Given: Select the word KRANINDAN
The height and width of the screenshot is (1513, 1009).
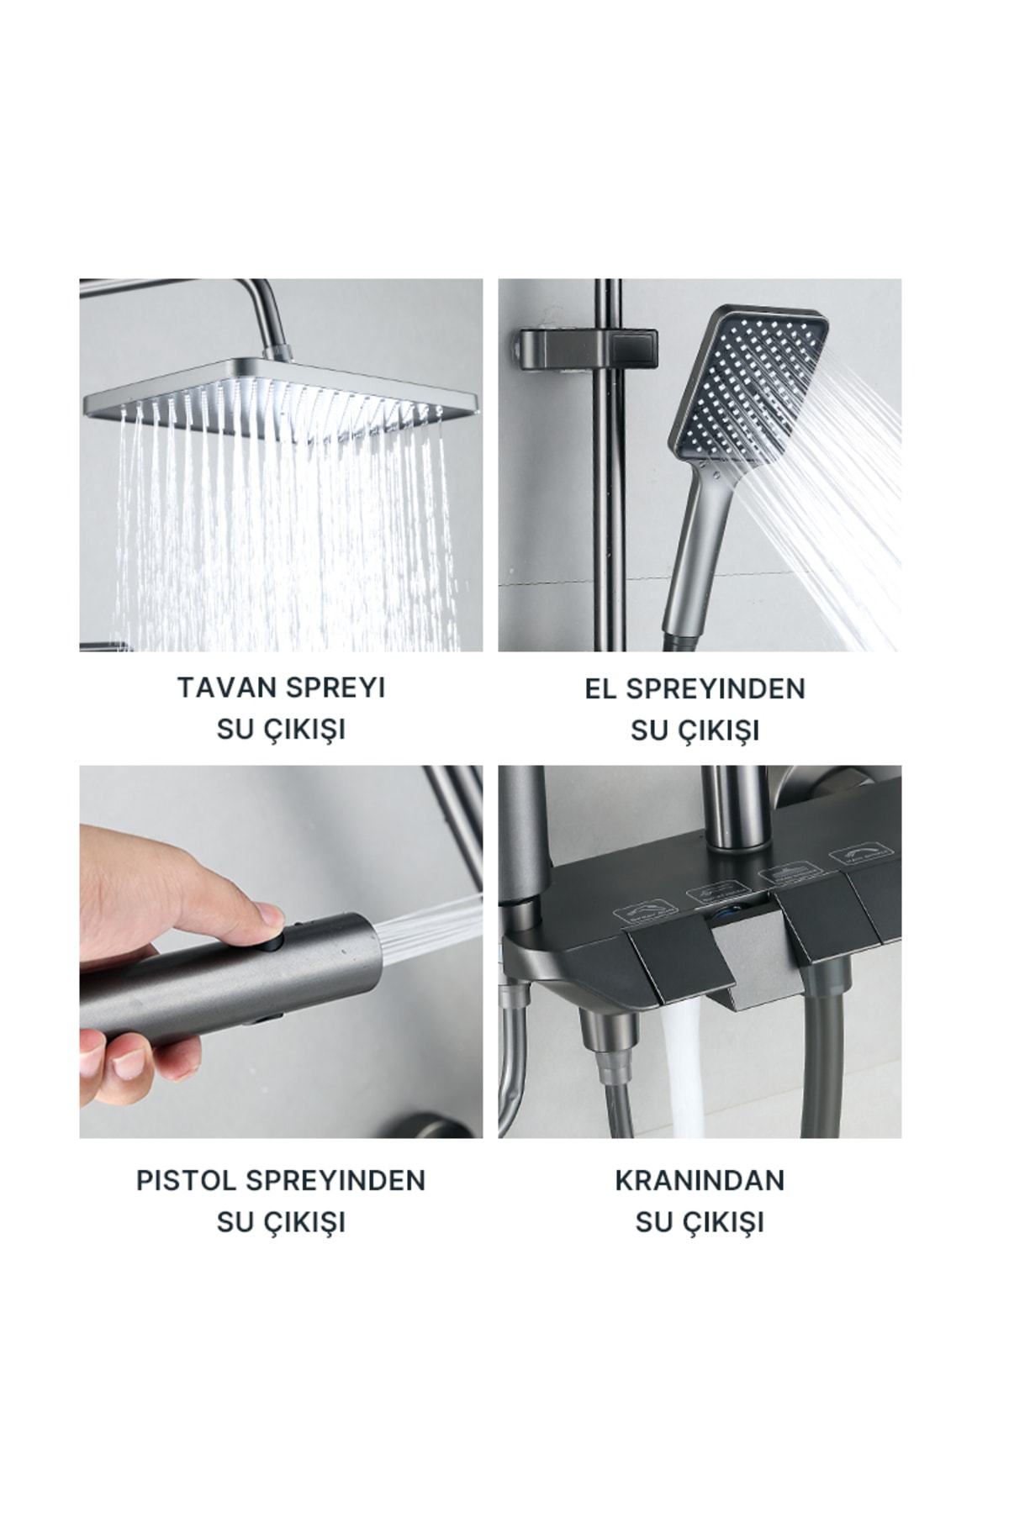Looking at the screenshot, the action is point(700,1180).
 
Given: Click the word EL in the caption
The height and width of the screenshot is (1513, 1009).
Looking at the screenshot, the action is point(601,688).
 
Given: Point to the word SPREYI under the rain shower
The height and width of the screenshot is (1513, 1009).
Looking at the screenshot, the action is point(335,688).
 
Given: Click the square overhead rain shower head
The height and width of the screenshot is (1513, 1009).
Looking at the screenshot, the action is point(282,391).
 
